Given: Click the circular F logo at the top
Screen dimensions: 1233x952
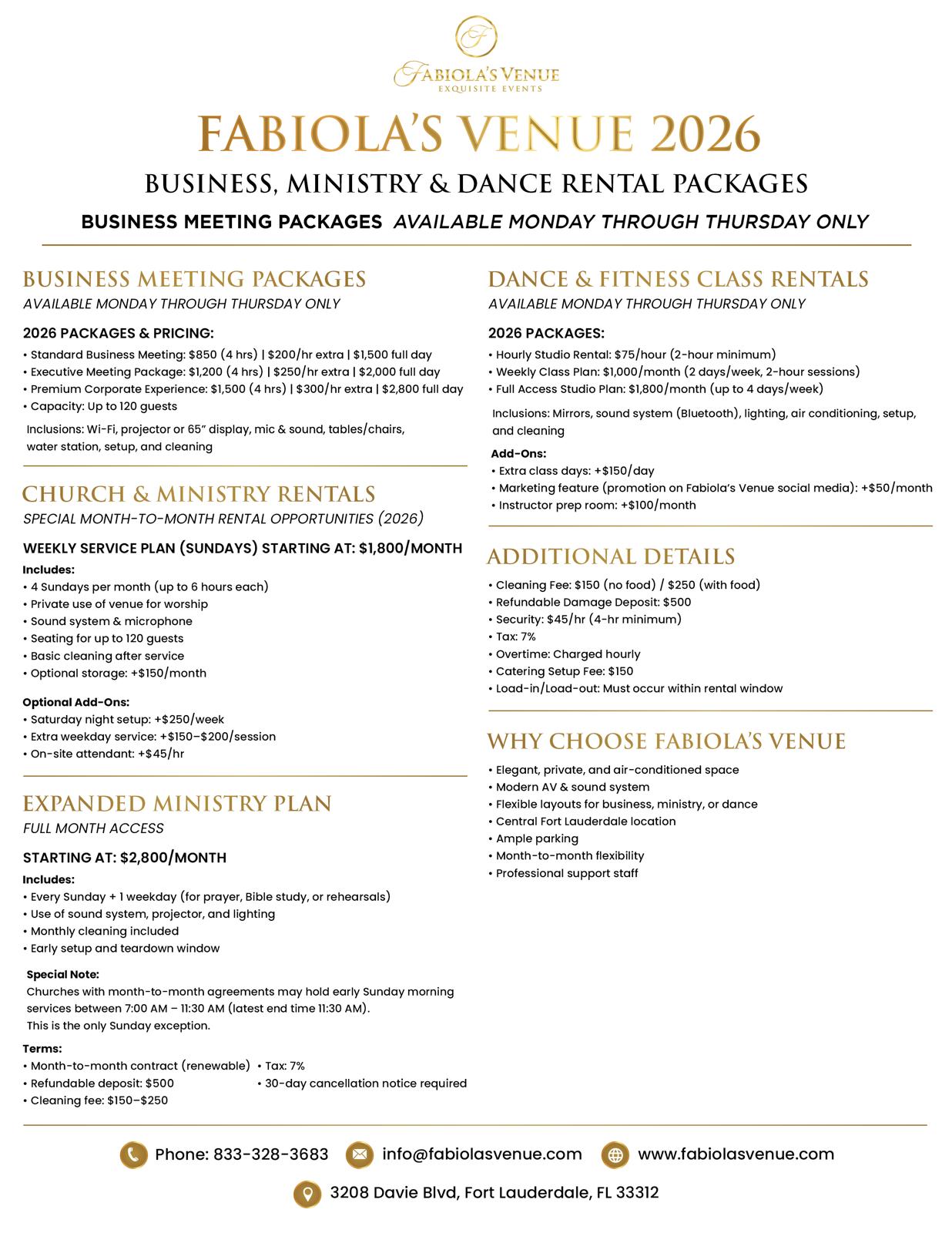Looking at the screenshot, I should point(476,36).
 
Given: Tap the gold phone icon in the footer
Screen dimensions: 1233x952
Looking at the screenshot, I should point(133,1154).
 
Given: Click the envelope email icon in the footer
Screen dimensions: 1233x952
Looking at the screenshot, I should point(359,1154).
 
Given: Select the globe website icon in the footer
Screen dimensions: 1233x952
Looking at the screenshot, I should point(615,1154).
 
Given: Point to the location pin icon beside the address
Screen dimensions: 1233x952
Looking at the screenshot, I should point(307,1194).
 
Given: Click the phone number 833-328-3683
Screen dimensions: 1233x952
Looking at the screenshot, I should point(270,1154).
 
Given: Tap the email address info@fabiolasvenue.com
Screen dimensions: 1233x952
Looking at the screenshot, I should point(481,1154).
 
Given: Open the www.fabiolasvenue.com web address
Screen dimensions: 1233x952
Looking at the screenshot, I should point(736,1154).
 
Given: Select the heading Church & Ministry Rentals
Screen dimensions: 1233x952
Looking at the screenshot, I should point(199,494).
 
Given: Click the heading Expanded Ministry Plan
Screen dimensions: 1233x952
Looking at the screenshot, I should point(177,804).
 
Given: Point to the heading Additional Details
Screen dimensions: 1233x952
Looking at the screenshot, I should point(611,556).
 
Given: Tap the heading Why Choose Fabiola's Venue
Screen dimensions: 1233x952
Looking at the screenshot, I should point(666,741).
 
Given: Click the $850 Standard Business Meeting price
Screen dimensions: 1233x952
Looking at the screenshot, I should point(203,355).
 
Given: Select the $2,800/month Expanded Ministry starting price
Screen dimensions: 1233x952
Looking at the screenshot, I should point(173,858).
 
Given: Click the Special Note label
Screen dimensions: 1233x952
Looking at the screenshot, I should point(62,975).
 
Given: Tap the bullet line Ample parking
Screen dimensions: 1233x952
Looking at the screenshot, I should point(537,838).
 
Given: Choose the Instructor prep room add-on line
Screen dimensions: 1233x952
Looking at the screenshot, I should point(597,506).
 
